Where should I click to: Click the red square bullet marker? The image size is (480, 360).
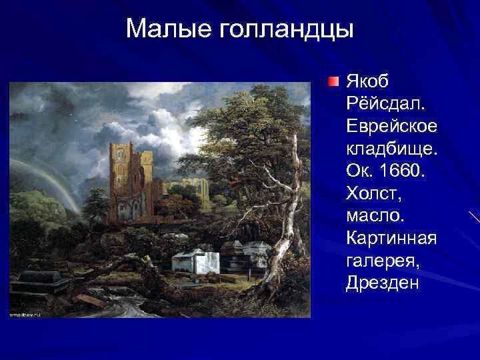point(333,83)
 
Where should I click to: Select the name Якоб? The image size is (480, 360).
point(369,81)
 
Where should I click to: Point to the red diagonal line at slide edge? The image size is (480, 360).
point(474,217)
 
